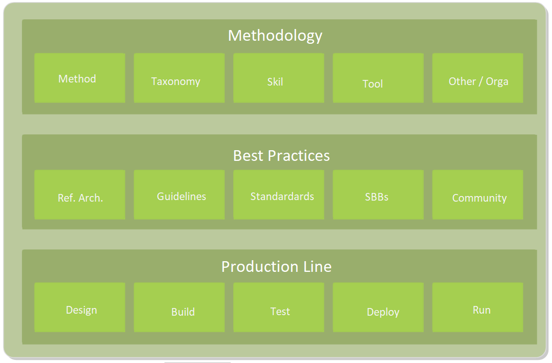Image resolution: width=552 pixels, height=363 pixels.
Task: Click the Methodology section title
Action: [275, 36]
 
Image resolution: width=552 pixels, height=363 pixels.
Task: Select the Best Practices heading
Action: [281, 156]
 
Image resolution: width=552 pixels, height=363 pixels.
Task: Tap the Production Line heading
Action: [277, 267]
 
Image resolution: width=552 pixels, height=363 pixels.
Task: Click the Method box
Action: [80, 78]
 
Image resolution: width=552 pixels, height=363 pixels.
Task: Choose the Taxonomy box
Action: [179, 78]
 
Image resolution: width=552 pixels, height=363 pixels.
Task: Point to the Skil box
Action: [279, 78]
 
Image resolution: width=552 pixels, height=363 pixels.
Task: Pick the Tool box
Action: [378, 78]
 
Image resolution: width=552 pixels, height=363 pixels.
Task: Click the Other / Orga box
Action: [478, 78]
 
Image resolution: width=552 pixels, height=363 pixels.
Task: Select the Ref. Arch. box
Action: [80, 194]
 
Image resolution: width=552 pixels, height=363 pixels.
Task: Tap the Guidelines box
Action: [179, 194]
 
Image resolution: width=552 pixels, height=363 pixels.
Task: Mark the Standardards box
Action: [279, 194]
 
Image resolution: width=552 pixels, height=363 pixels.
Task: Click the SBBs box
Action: [378, 194]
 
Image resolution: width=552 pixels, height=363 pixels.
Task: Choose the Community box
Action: [478, 194]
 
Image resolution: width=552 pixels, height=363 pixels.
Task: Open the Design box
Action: [80, 307]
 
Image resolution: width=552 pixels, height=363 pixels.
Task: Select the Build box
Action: [179, 307]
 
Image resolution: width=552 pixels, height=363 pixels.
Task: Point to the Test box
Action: [279, 307]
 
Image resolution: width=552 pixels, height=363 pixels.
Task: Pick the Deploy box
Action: [378, 307]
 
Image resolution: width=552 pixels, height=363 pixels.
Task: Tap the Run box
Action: [478, 307]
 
